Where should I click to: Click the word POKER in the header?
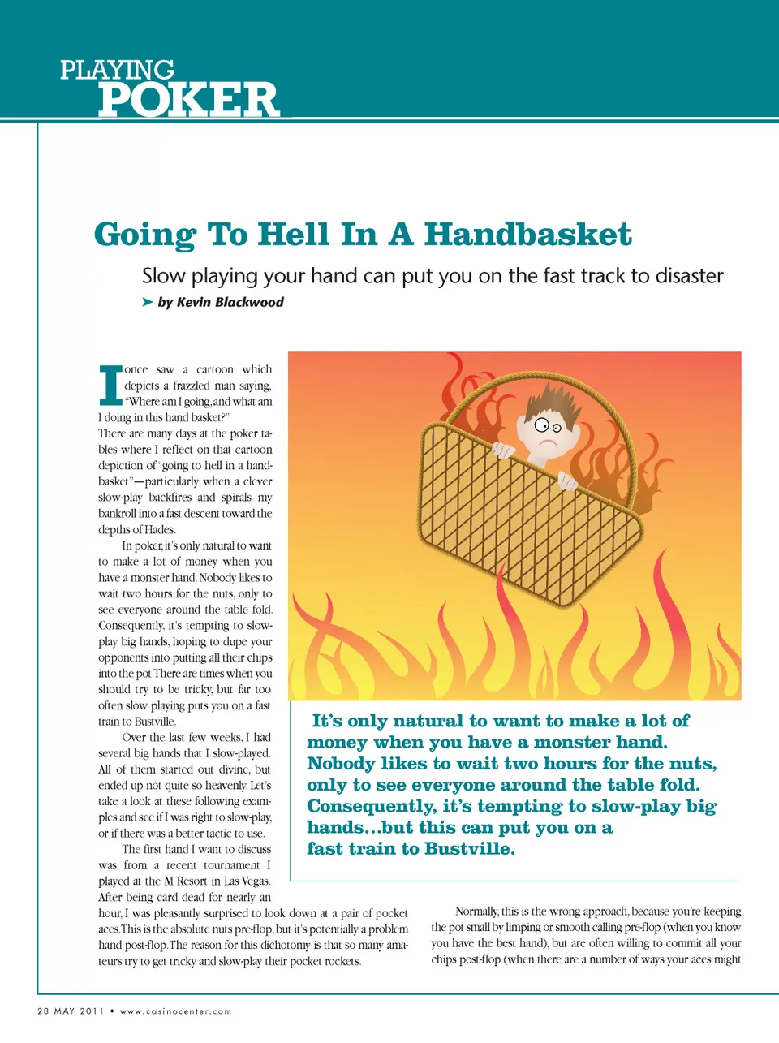point(188,100)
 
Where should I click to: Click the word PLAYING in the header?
point(117,71)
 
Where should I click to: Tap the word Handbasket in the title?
point(527,235)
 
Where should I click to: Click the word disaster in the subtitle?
point(688,276)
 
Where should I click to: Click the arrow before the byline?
point(147,302)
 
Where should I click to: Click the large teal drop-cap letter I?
point(110,386)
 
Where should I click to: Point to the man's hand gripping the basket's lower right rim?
point(567,482)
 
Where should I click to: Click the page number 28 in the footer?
point(43,1011)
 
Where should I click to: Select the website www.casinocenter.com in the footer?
point(175,1011)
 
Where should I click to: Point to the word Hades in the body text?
point(159,530)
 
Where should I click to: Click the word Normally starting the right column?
point(476,912)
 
